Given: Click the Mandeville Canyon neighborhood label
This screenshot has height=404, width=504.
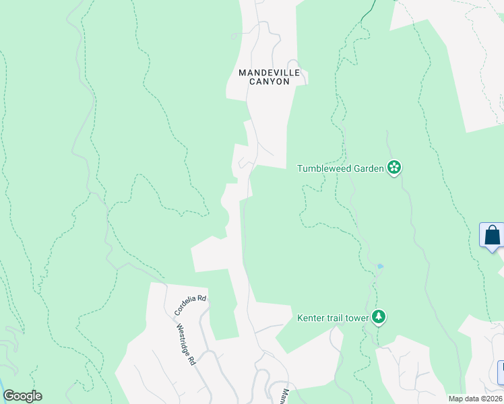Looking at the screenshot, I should pos(264,77).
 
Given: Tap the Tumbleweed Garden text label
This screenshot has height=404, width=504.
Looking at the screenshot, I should pos(340,168).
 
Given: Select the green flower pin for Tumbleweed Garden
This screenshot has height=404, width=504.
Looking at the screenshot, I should pos(394,168).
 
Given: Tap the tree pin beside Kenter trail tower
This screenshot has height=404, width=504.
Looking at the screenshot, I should pos(379,316).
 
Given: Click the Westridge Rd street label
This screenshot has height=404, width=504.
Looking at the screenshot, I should pos(187,345).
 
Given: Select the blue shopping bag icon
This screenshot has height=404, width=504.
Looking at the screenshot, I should pos(493,236).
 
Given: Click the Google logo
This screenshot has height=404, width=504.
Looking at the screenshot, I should pos(22,396).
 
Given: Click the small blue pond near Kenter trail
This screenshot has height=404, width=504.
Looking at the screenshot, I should pos(381,267).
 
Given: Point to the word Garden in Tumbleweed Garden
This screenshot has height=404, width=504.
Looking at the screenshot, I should pos(367,168).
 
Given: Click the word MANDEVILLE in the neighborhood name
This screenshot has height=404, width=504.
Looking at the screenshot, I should pos(264,72).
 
